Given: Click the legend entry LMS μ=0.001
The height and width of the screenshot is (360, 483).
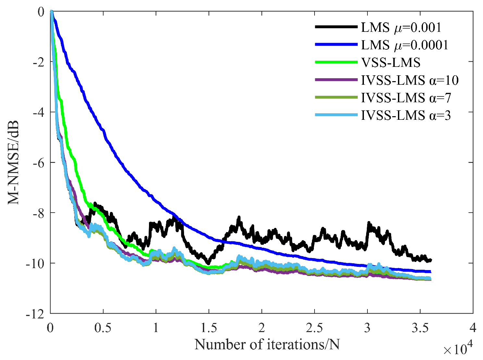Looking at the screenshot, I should pos(401,28).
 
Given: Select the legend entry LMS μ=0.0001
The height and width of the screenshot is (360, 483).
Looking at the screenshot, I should pos(404,45).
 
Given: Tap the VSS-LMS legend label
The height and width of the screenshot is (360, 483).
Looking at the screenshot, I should pos(391,63).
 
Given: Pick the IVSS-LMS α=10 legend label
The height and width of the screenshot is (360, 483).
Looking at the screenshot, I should pos(410,80).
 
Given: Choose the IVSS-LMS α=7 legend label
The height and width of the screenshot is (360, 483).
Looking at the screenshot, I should pos(406,98).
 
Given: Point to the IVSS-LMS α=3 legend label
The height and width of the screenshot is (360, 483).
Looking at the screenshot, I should pos(406,115).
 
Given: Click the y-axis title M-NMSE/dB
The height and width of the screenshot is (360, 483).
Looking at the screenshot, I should pos(14,162).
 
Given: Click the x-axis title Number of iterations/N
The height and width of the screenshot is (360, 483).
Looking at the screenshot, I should pos(267,344).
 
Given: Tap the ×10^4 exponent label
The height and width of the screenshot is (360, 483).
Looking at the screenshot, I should pos(458,350).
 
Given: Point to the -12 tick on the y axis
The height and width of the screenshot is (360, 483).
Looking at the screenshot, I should pos(37,314).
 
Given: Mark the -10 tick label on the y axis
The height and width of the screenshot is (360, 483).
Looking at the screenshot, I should pos(37,263).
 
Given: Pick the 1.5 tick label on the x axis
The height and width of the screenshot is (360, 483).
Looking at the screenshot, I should pos(209,328).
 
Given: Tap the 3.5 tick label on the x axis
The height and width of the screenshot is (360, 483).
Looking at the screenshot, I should pos(420,328).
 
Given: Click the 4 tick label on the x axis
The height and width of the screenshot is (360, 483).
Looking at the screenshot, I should pos(473,328).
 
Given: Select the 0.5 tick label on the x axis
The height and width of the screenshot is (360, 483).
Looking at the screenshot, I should pos(103,328).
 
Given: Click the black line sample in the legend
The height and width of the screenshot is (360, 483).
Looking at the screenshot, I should pos(336,27).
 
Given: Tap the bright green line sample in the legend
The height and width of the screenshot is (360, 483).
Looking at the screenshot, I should pos(336,62).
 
